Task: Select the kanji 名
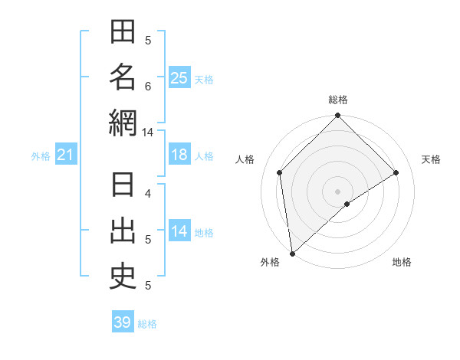123,77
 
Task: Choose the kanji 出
123,231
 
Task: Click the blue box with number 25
179,78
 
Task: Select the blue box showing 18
179,155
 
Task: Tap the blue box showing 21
65,155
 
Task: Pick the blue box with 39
122,322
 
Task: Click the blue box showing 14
179,231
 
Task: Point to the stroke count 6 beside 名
148,87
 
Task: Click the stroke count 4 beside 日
148,194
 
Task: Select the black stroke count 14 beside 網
147,133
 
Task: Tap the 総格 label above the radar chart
337,100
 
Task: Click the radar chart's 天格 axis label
431,159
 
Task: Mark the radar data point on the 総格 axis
337,116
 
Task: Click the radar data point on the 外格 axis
292,254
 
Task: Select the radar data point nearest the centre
347,204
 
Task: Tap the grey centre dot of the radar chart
337,191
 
